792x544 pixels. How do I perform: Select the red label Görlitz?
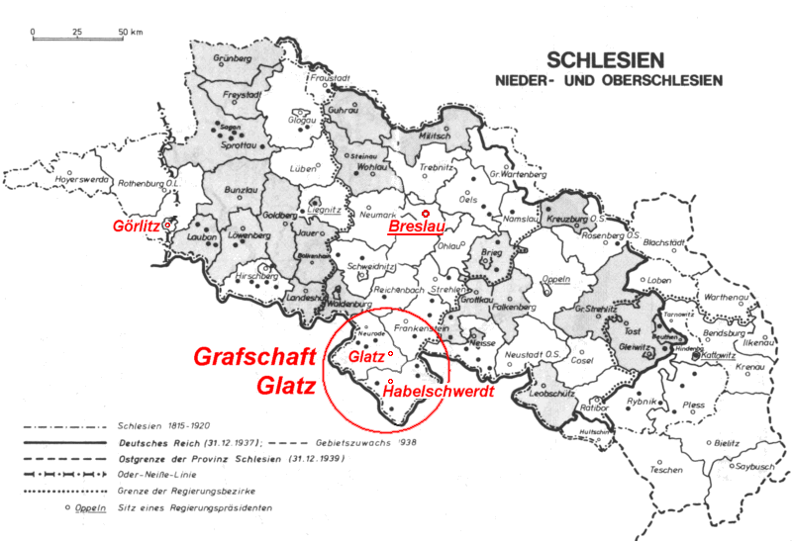(x=137, y=225)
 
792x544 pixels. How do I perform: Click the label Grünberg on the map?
(x=234, y=59)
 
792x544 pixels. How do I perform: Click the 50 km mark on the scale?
(x=126, y=33)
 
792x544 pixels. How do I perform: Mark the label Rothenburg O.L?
(x=149, y=183)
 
